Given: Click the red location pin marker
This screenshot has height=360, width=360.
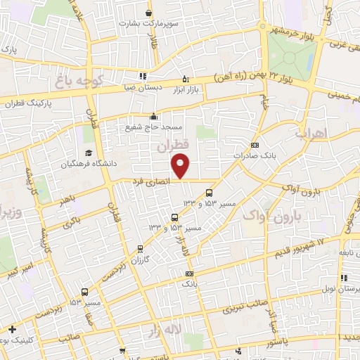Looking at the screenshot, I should [x=181, y=166].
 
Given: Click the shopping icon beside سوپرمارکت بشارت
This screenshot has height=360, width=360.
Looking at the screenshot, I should [x=148, y=13].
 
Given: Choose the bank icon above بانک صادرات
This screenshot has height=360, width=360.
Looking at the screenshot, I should [x=254, y=145].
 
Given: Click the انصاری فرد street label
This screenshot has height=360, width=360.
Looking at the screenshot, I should [x=150, y=182].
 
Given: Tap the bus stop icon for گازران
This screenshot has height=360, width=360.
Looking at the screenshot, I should [x=140, y=248].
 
